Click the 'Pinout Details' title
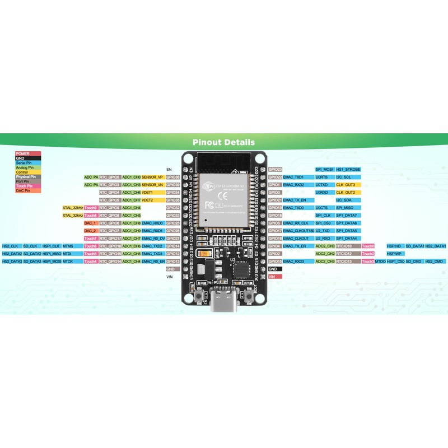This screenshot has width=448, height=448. point(223,142)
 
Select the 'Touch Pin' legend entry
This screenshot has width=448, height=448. point(28,186)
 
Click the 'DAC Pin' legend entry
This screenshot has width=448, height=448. point(28,190)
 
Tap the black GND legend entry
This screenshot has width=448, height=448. point(28,158)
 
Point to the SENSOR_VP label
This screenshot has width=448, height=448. point(152,177)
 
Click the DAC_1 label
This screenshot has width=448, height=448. point(91,223)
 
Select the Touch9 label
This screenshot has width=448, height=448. point(91,208)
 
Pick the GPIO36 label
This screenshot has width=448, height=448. point(173,177)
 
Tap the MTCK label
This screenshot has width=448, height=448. point(68,262)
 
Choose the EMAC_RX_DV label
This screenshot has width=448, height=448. point(153,239)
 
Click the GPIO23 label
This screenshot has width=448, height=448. point(275,169)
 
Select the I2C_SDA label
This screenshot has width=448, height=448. point(344,200)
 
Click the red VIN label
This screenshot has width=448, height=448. point(272,277)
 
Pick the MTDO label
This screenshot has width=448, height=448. point(380,262)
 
